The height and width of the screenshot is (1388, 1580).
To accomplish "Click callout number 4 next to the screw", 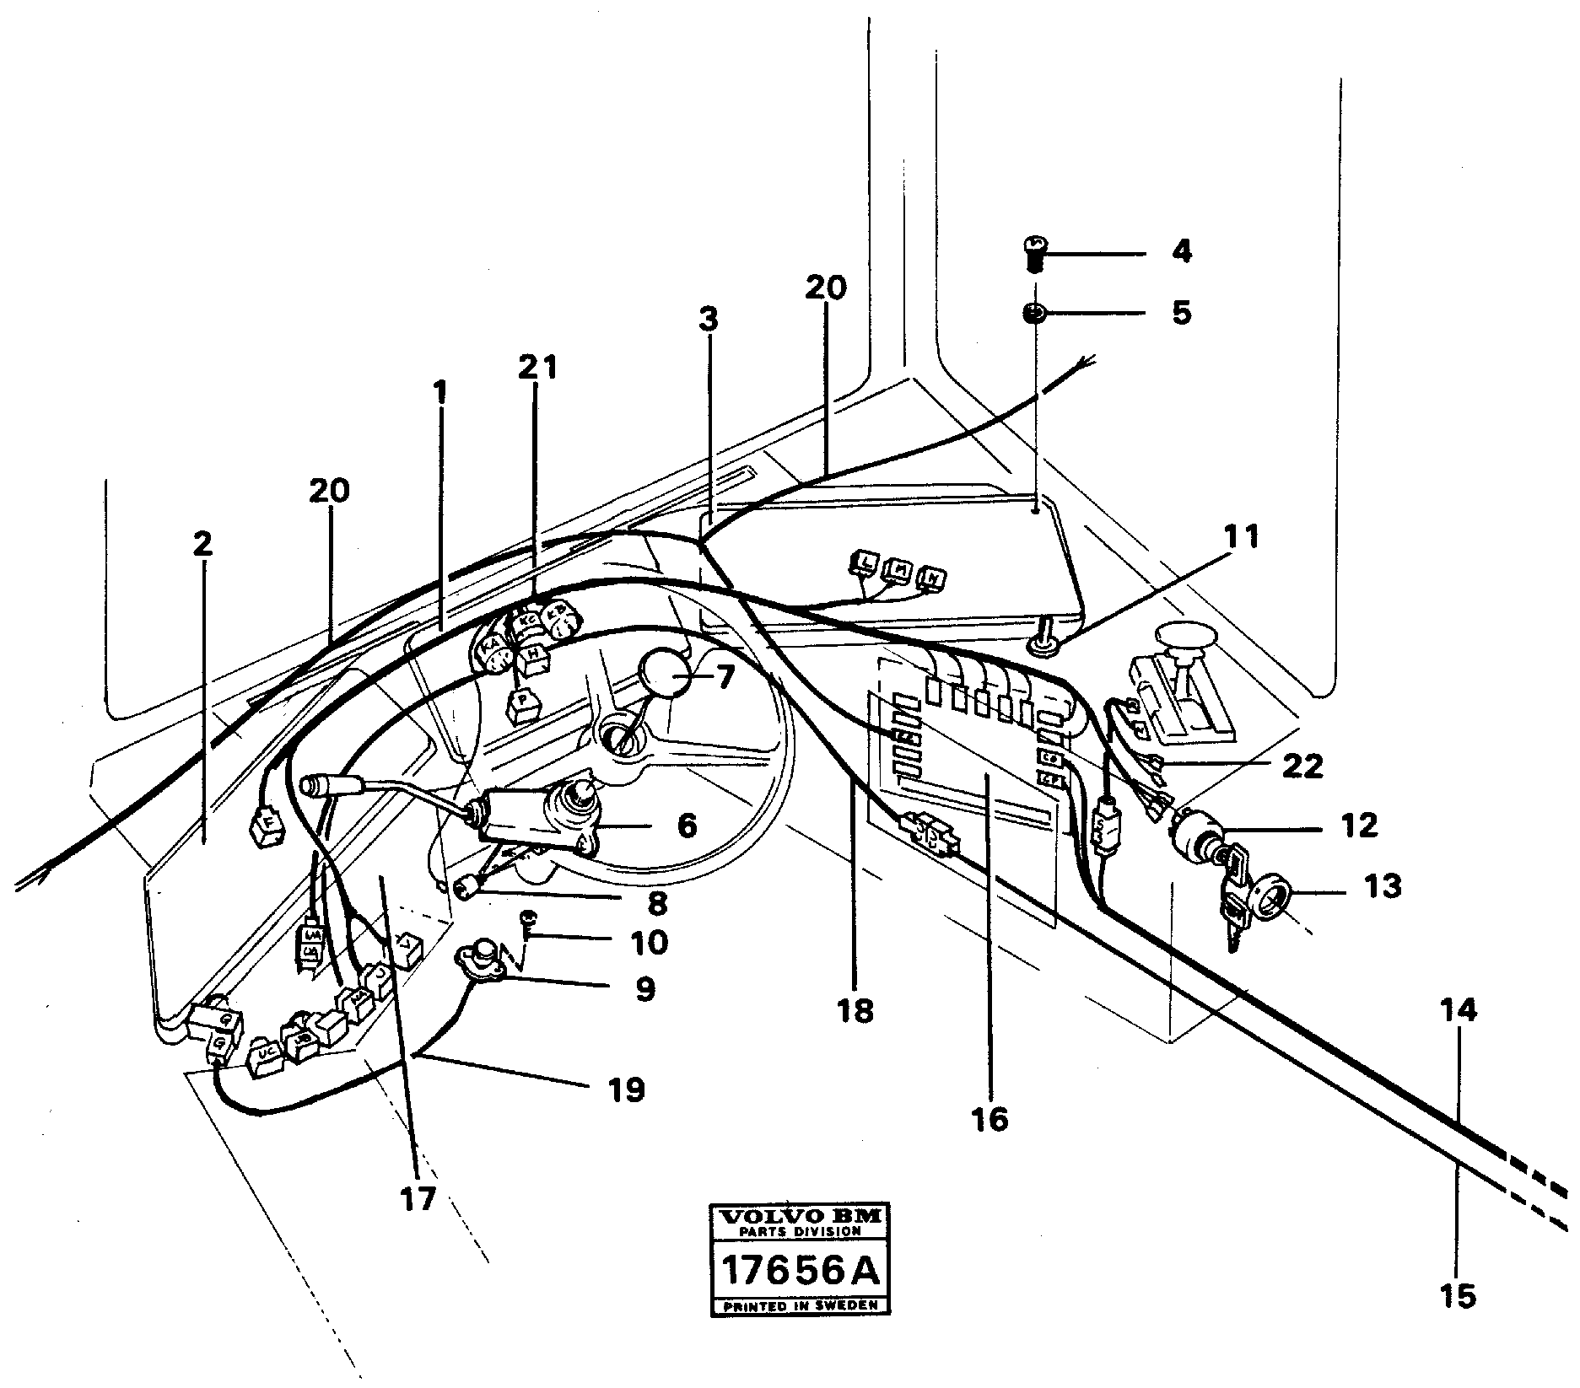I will [x=1181, y=251].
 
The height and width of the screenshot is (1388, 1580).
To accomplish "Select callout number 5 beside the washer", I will [x=1181, y=313].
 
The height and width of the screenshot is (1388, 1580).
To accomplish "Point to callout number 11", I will [x=1243, y=536].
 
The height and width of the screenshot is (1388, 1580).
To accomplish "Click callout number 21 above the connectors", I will [x=538, y=368].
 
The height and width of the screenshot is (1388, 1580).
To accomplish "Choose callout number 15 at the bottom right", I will [x=1459, y=1294].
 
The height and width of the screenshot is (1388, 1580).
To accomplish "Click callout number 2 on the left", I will [x=202, y=545].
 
